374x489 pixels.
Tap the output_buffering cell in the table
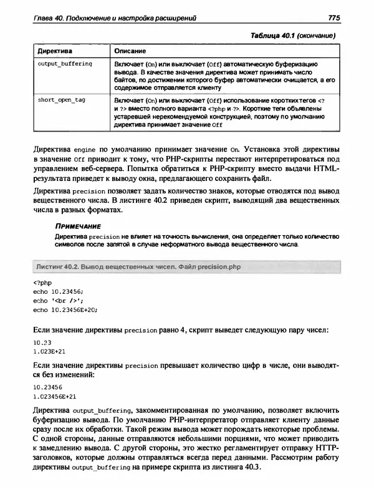(65, 64)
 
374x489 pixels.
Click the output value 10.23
(41, 343)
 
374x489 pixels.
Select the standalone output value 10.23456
(47, 387)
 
